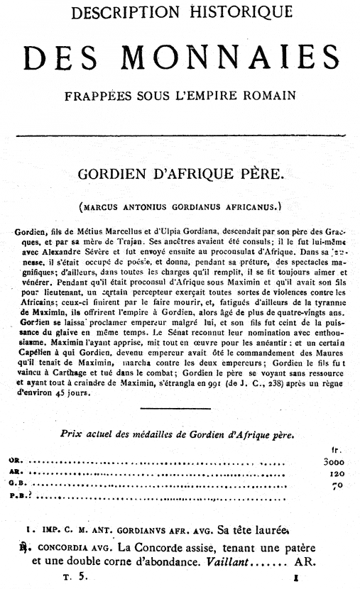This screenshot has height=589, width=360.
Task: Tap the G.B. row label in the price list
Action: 16,485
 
